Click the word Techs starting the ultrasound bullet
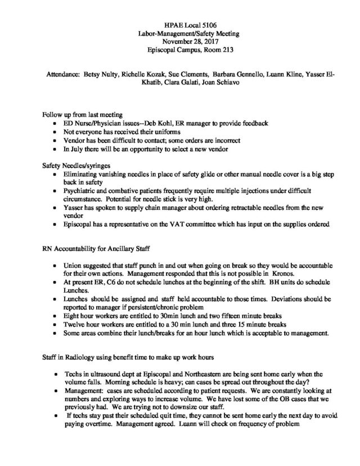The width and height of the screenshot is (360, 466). tap(74, 373)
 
